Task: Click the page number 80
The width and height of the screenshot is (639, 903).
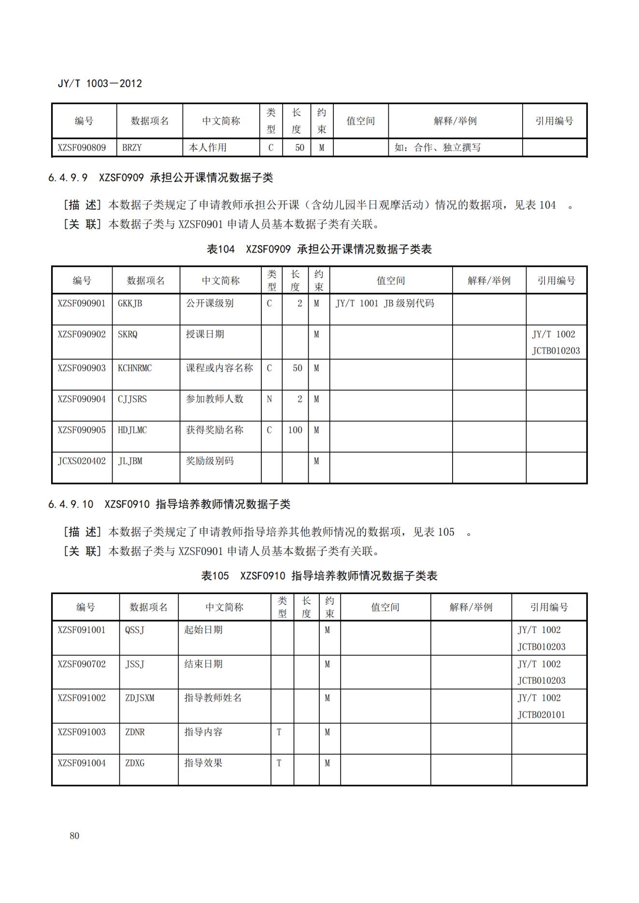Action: (x=74, y=836)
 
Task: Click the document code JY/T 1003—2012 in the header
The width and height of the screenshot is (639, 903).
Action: (x=100, y=83)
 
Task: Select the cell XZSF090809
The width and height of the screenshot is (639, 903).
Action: (x=82, y=148)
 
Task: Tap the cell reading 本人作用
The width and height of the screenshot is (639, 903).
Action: (x=208, y=148)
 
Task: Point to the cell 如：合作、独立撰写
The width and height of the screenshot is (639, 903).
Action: (x=438, y=148)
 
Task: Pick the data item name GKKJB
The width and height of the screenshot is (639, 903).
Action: (x=130, y=304)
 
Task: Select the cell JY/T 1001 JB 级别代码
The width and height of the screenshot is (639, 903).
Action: (x=385, y=304)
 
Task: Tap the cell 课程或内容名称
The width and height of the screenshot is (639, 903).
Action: (x=220, y=368)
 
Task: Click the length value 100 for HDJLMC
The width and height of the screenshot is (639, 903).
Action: (x=295, y=430)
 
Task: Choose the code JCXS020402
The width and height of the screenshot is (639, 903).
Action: (x=82, y=461)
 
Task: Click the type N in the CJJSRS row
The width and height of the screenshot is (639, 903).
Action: (x=269, y=399)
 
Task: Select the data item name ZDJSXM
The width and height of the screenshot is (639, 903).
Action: (x=140, y=698)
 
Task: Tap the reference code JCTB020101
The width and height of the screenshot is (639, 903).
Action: (x=541, y=715)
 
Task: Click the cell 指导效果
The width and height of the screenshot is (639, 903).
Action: (x=203, y=763)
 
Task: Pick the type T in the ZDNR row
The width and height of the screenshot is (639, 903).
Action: (x=279, y=732)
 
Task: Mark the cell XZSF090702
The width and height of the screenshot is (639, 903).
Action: (x=82, y=664)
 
